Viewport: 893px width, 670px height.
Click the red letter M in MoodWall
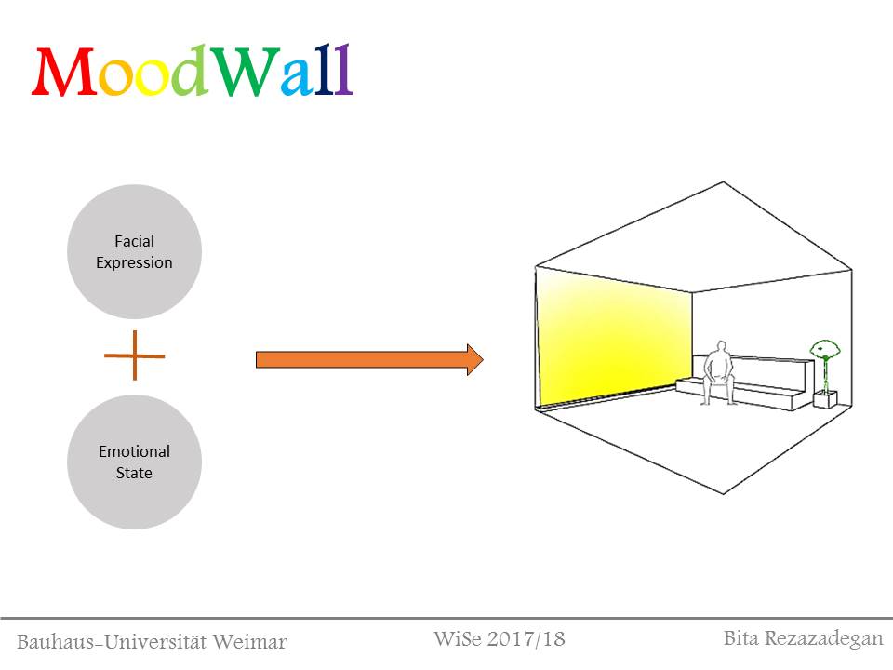click(x=64, y=72)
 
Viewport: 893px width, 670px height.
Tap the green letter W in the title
click(x=246, y=71)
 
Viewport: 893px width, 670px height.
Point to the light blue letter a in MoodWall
click(x=297, y=78)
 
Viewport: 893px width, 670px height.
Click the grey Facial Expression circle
click(x=134, y=251)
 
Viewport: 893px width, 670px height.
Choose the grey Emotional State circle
click(x=134, y=462)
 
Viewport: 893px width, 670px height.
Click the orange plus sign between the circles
click(x=134, y=355)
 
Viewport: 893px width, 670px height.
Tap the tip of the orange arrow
click(x=484, y=359)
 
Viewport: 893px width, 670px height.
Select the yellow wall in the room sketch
click(x=614, y=336)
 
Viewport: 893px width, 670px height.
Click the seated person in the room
click(x=718, y=372)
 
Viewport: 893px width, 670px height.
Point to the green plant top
click(x=825, y=349)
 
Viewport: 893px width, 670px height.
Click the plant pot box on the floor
click(x=825, y=398)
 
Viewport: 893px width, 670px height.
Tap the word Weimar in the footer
click(x=250, y=642)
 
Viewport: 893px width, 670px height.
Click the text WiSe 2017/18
click(x=500, y=638)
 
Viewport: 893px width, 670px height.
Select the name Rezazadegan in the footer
click(x=823, y=639)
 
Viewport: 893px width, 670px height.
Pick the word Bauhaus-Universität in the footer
click(x=113, y=642)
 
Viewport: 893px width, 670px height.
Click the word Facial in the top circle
click(x=134, y=241)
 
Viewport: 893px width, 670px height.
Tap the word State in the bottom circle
click(x=134, y=473)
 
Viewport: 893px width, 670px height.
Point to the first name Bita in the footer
click(x=740, y=638)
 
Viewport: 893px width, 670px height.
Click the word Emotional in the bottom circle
click(x=134, y=451)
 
